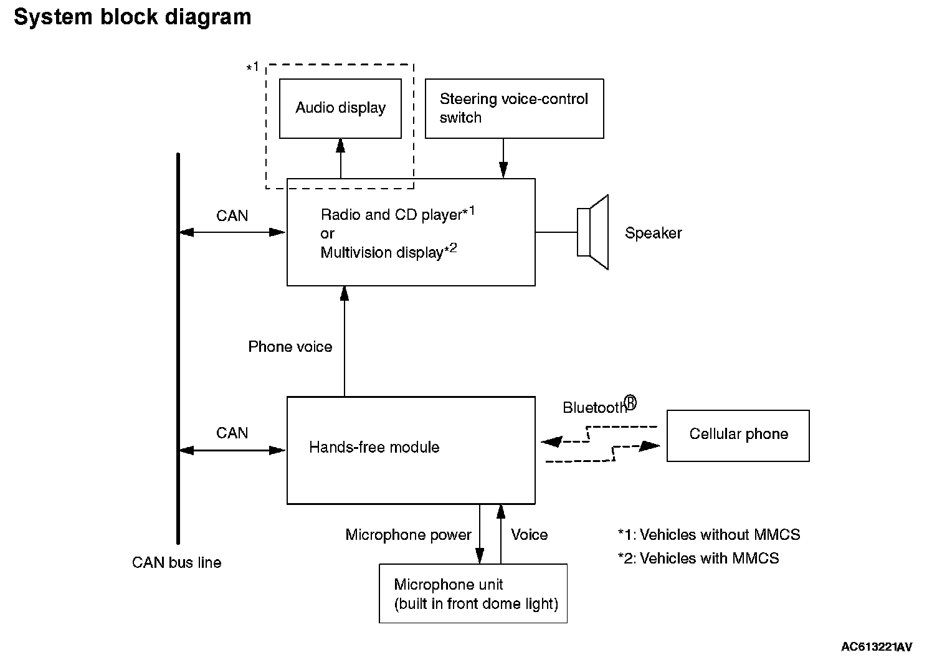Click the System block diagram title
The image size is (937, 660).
coord(132,17)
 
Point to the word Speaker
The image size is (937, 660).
coord(653,233)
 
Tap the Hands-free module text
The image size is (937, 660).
coord(374,447)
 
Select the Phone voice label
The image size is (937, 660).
coord(290,347)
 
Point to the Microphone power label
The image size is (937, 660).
coord(408,535)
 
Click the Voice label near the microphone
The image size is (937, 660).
coord(529,535)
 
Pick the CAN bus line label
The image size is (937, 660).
coord(176,563)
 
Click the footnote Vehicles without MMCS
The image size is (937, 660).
coord(708,535)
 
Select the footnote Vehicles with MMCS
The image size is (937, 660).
coord(698,559)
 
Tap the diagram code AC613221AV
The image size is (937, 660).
coord(877,647)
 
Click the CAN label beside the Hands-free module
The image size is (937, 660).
coord(232,433)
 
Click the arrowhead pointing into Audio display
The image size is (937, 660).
coord(341,146)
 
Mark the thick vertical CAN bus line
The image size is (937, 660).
coord(178,349)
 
